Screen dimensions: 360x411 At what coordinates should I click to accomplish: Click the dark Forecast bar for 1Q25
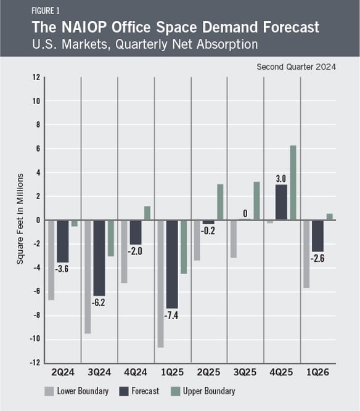(x=172, y=264)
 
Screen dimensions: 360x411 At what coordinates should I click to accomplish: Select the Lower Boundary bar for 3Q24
(x=88, y=277)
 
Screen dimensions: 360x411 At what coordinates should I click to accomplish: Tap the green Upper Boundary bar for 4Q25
(x=293, y=182)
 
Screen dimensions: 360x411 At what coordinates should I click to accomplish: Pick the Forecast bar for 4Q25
(x=281, y=202)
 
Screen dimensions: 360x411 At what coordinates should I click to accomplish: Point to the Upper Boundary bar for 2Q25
(x=220, y=202)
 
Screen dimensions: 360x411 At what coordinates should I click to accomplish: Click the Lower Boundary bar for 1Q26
(x=306, y=254)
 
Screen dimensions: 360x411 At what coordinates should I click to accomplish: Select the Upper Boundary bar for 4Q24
(x=147, y=213)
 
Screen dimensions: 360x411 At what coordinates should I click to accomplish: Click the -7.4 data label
(x=171, y=315)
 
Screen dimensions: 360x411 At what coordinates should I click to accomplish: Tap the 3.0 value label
(x=281, y=179)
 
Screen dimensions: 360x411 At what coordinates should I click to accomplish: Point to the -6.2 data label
(x=99, y=303)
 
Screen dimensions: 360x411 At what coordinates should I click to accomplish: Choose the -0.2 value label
(x=208, y=230)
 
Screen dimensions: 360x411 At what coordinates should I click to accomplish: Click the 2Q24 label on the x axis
(x=63, y=372)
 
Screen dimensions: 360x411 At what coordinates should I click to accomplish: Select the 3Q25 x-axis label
(x=245, y=372)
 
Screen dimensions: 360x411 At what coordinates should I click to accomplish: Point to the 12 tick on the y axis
(x=36, y=77)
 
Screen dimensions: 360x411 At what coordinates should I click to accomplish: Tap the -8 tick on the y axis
(x=36, y=315)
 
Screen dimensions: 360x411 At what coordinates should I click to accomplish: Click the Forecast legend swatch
(x=124, y=391)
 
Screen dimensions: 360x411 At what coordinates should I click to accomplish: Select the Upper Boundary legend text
(x=209, y=391)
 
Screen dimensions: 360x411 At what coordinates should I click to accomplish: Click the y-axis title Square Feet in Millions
(x=20, y=219)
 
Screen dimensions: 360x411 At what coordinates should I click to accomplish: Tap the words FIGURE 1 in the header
(x=46, y=10)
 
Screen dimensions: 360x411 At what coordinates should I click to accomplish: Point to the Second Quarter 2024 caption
(x=297, y=67)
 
